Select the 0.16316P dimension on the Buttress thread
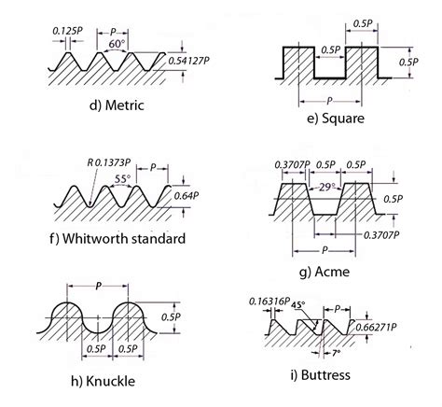pyautogui.click(x=267, y=302)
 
